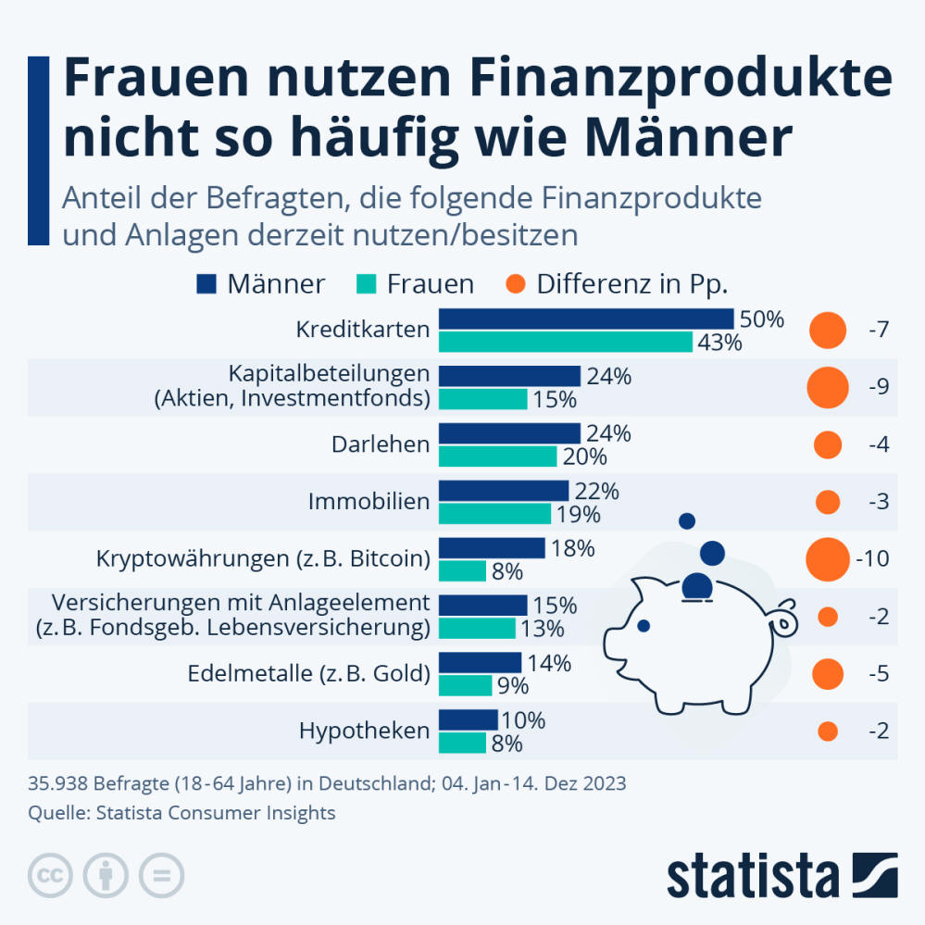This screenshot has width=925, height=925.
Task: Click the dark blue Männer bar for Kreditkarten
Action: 585,319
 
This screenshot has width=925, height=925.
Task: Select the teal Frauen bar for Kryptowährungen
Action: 462,571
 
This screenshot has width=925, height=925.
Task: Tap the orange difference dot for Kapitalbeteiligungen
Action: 827,387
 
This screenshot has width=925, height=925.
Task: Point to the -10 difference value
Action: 872,559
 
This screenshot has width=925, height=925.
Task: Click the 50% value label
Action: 761,319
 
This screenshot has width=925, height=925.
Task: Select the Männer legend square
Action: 206,283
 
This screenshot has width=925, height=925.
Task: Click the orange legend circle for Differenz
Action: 516,283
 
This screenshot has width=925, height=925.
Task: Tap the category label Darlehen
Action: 381,444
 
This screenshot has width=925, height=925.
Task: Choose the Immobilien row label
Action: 369,502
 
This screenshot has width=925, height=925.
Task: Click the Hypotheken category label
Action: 364,731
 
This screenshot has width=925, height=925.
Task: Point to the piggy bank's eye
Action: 644,626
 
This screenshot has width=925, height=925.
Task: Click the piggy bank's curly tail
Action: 784,618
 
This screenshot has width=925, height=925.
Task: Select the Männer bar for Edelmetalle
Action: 480,662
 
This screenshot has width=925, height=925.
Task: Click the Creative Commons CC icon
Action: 52,874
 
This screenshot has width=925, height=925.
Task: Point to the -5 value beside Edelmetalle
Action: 878,674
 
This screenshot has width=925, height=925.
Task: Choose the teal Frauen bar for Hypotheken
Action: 462,743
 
